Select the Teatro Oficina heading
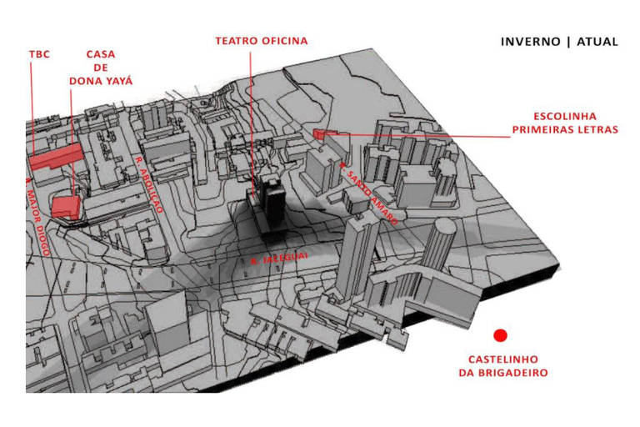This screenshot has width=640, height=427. [261, 41]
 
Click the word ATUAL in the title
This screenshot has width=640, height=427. [597, 42]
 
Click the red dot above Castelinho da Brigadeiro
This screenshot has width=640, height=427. [500, 335]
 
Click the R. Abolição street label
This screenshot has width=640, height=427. [148, 184]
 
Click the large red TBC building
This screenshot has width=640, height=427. [57, 156]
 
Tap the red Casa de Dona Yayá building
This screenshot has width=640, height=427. [65, 206]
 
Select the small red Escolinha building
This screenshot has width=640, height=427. [322, 133]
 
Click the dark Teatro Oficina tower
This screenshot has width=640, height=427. [270, 204]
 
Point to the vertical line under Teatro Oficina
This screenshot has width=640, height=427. [250, 117]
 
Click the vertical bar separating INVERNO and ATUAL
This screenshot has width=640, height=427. [567, 42]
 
